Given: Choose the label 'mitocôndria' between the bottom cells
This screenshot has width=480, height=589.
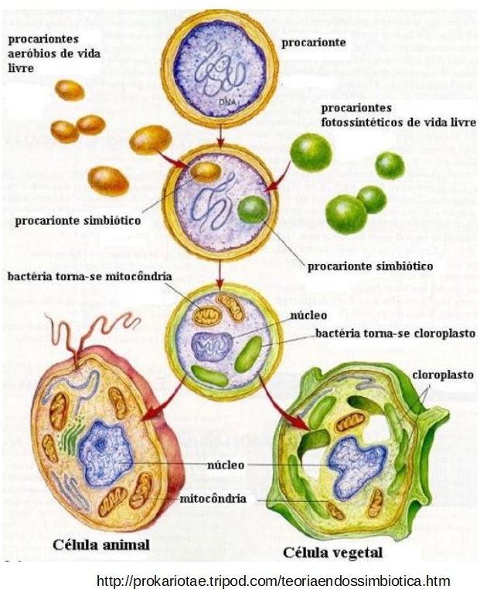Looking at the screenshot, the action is [213, 499].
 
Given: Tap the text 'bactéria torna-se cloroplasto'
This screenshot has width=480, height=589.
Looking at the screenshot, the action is [395, 334].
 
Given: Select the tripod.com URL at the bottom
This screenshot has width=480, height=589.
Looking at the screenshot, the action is [273, 580].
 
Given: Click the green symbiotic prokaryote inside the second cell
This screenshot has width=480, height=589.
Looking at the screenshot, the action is [252, 210].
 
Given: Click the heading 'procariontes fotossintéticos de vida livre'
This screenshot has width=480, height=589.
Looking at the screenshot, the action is [397, 116].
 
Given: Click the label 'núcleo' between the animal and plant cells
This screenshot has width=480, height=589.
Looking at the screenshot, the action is [226, 465].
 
